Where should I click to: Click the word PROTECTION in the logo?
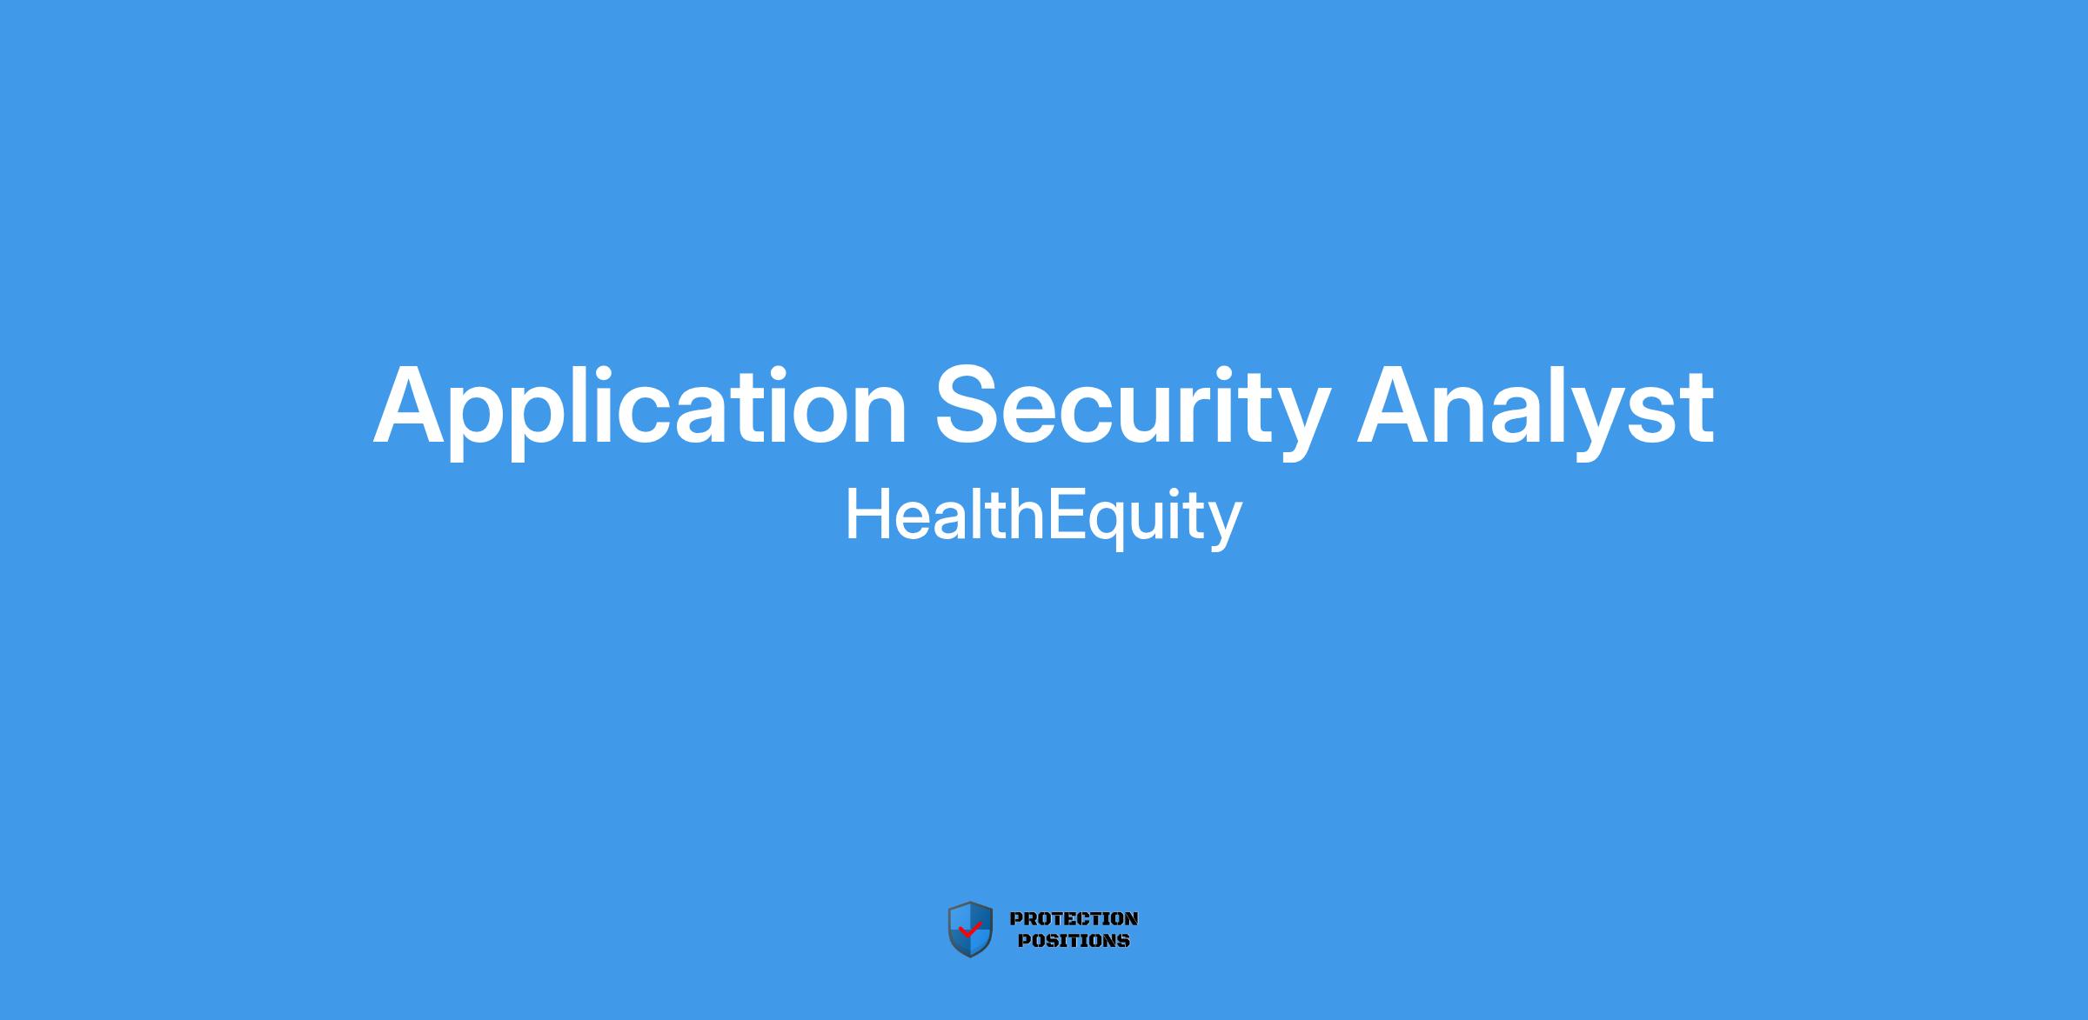[1074, 918]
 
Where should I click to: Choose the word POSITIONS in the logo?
[1074, 940]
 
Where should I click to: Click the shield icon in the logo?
[970, 930]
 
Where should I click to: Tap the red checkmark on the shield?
[970, 930]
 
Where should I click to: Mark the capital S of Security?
[969, 404]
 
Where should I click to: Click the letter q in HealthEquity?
[1113, 522]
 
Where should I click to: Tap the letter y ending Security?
[1296, 423]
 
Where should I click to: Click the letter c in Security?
[1098, 414]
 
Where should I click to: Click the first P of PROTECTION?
[1015, 918]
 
